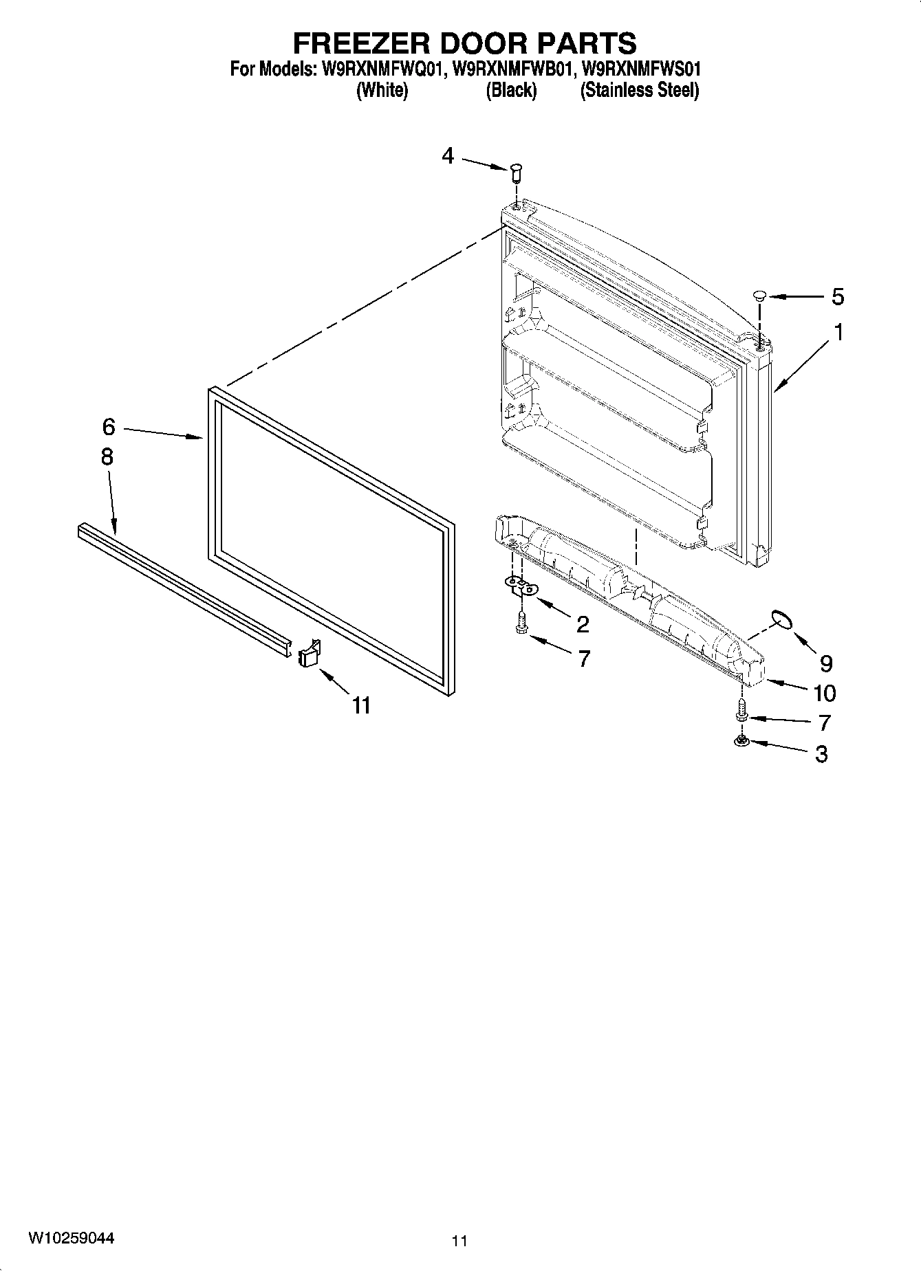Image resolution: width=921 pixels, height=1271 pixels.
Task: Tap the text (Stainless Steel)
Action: (x=639, y=91)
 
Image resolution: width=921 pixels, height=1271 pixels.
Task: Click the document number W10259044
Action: (x=71, y=1238)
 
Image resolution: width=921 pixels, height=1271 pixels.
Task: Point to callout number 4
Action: (x=448, y=157)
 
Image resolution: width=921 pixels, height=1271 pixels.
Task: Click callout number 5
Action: (x=837, y=297)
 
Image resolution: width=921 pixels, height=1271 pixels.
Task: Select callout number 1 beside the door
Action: (x=838, y=333)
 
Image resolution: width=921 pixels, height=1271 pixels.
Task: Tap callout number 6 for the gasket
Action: (x=109, y=427)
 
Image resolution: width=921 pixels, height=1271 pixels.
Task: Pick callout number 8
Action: (x=107, y=457)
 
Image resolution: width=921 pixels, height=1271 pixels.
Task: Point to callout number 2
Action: (x=582, y=624)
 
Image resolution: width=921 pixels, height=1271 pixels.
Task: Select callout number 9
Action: (x=825, y=663)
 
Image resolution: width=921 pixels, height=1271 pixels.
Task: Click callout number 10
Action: (x=824, y=693)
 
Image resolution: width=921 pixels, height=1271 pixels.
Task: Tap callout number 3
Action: (x=821, y=754)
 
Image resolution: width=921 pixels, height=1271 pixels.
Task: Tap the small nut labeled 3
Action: (x=741, y=741)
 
